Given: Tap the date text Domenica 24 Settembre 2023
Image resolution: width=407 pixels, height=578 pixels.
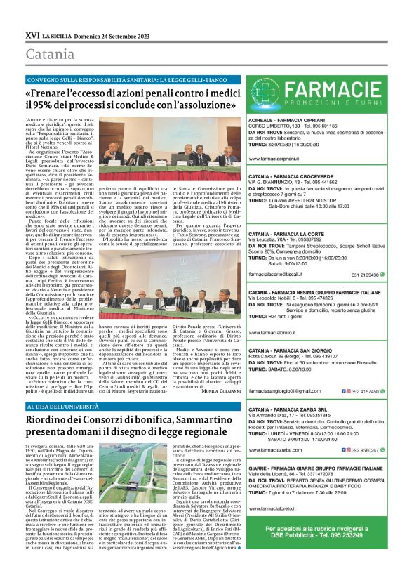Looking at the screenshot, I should [114, 34].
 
